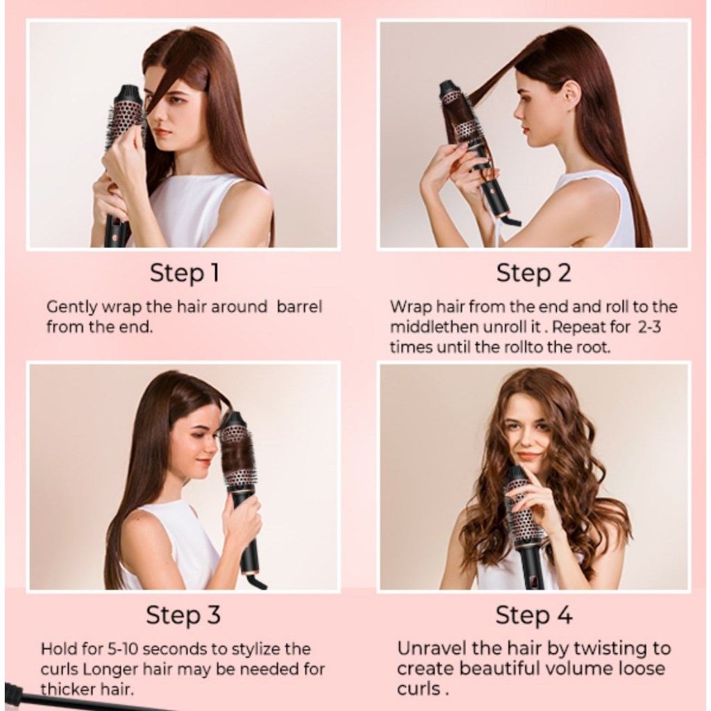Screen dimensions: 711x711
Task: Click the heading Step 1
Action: tap(185, 274)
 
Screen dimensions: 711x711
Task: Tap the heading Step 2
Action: tap(533, 274)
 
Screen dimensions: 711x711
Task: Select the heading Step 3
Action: tap(183, 615)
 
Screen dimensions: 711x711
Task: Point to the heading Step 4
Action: tap(534, 615)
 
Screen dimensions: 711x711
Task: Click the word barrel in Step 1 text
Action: tap(299, 307)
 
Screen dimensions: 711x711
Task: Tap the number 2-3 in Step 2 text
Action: tap(649, 327)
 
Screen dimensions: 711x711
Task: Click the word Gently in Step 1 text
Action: tap(72, 308)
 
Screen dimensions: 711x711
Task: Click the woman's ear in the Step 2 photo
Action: tap(571, 94)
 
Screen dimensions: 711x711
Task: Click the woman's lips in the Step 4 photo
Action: tap(528, 455)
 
